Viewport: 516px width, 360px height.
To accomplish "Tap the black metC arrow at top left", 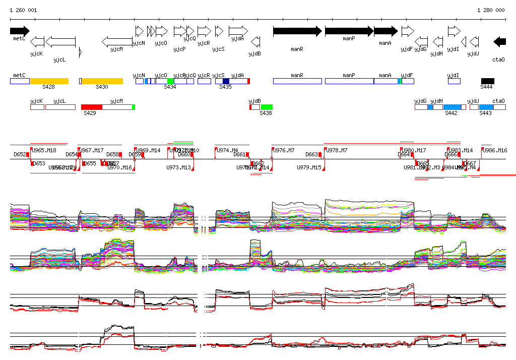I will tap(20, 31).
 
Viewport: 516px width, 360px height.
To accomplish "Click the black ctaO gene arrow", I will tap(499, 42).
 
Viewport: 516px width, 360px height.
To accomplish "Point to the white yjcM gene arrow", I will tap(117, 42).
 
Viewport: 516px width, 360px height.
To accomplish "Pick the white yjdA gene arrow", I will tap(238, 31).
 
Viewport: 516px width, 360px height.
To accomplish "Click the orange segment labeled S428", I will tap(49, 81).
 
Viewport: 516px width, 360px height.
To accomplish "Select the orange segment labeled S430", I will tap(102, 81).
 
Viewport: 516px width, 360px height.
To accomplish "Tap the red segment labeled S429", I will tap(92, 107).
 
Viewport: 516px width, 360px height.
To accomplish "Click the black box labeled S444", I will tap(487, 81).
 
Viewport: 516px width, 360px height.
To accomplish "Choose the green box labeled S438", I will tap(267, 107).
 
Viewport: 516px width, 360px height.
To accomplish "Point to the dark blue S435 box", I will tap(226, 81).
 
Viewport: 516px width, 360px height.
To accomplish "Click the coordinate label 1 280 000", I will tap(490, 10).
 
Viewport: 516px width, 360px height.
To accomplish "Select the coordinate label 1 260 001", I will tap(23, 10).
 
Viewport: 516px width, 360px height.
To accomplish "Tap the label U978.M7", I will tap(337, 150).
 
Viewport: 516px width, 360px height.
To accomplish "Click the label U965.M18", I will tap(44, 150).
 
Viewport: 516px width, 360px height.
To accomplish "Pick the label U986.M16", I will tap(495, 150).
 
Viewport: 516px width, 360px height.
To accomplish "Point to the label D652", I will tap(20, 154).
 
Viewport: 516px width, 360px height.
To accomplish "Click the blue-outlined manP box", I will tap(349, 81).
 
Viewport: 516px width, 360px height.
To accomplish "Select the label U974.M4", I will tap(227, 150).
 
